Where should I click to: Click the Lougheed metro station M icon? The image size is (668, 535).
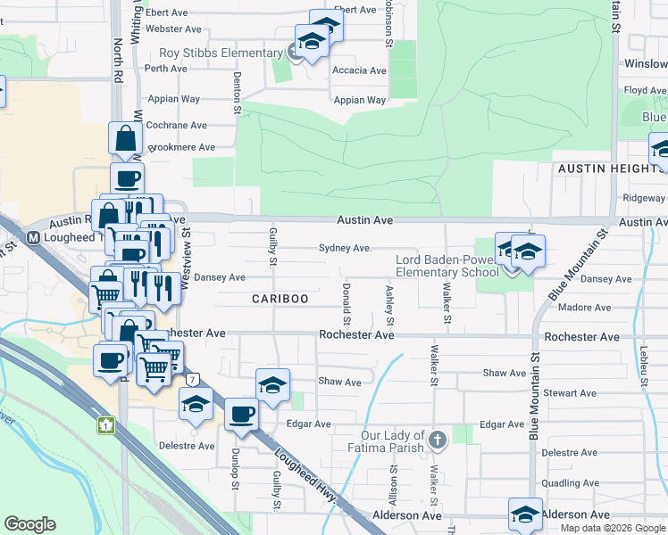33,238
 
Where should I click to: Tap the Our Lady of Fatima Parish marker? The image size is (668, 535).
437,439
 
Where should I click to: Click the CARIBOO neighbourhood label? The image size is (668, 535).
280,299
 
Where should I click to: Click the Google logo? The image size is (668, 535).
30,524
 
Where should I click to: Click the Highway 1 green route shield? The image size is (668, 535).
105,424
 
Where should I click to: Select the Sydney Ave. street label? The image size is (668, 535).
344,249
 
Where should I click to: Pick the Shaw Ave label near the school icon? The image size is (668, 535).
339,382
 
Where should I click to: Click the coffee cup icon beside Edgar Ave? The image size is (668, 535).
241,415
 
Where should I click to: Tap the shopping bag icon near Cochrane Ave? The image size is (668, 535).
125,138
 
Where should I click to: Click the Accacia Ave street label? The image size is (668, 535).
359,70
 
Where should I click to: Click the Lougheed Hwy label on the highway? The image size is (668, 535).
303,473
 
